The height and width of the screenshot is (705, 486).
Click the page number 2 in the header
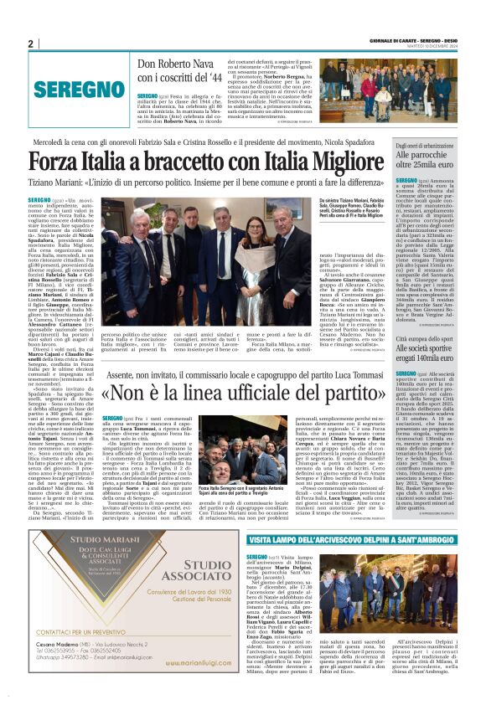31,44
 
